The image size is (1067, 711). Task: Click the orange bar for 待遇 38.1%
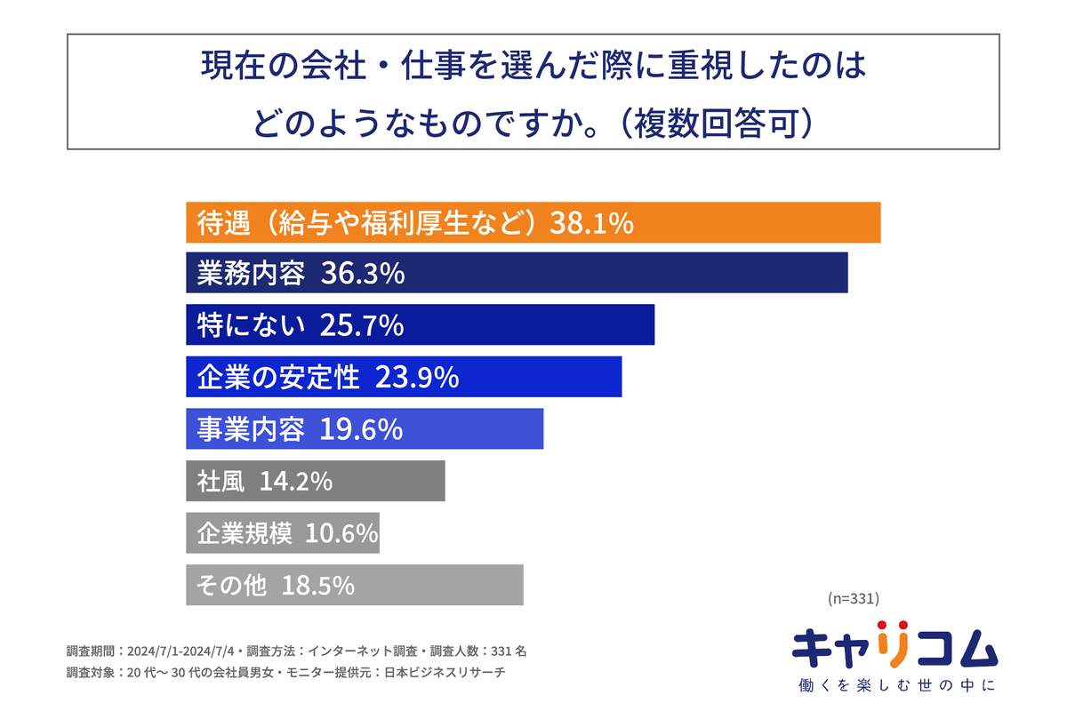click(x=533, y=222)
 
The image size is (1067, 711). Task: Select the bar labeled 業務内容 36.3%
click(x=517, y=273)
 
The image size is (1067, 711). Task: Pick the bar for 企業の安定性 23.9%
click(x=404, y=377)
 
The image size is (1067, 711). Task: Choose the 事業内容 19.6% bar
click(x=365, y=429)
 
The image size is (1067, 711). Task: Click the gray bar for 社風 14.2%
click(x=315, y=481)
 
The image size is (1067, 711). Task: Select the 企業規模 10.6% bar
click(x=283, y=532)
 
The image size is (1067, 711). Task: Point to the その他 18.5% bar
click(x=354, y=585)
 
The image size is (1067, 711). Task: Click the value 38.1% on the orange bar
click(x=591, y=223)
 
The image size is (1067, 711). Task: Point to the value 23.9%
click(x=417, y=378)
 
